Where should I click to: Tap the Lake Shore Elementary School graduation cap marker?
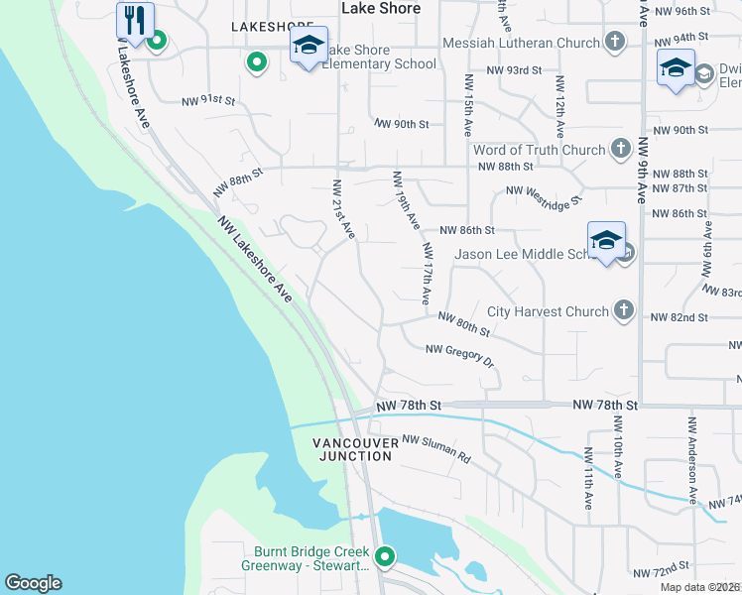click(309, 45)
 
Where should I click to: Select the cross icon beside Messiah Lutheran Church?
click(616, 43)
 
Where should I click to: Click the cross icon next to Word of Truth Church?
click(621, 150)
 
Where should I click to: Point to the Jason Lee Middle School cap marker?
click(606, 240)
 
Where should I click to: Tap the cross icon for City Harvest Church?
click(624, 311)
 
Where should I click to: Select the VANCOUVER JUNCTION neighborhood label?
click(352, 448)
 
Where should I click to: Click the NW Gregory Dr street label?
click(459, 354)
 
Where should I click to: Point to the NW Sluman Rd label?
click(436, 450)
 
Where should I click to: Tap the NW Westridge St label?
click(544, 197)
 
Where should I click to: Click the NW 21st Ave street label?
click(343, 208)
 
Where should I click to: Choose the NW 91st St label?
click(208, 100)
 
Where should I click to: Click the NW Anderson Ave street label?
click(691, 457)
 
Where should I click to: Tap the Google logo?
click(33, 583)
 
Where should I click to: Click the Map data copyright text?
click(699, 587)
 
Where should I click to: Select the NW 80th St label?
click(464, 323)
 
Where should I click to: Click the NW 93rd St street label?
click(515, 70)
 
